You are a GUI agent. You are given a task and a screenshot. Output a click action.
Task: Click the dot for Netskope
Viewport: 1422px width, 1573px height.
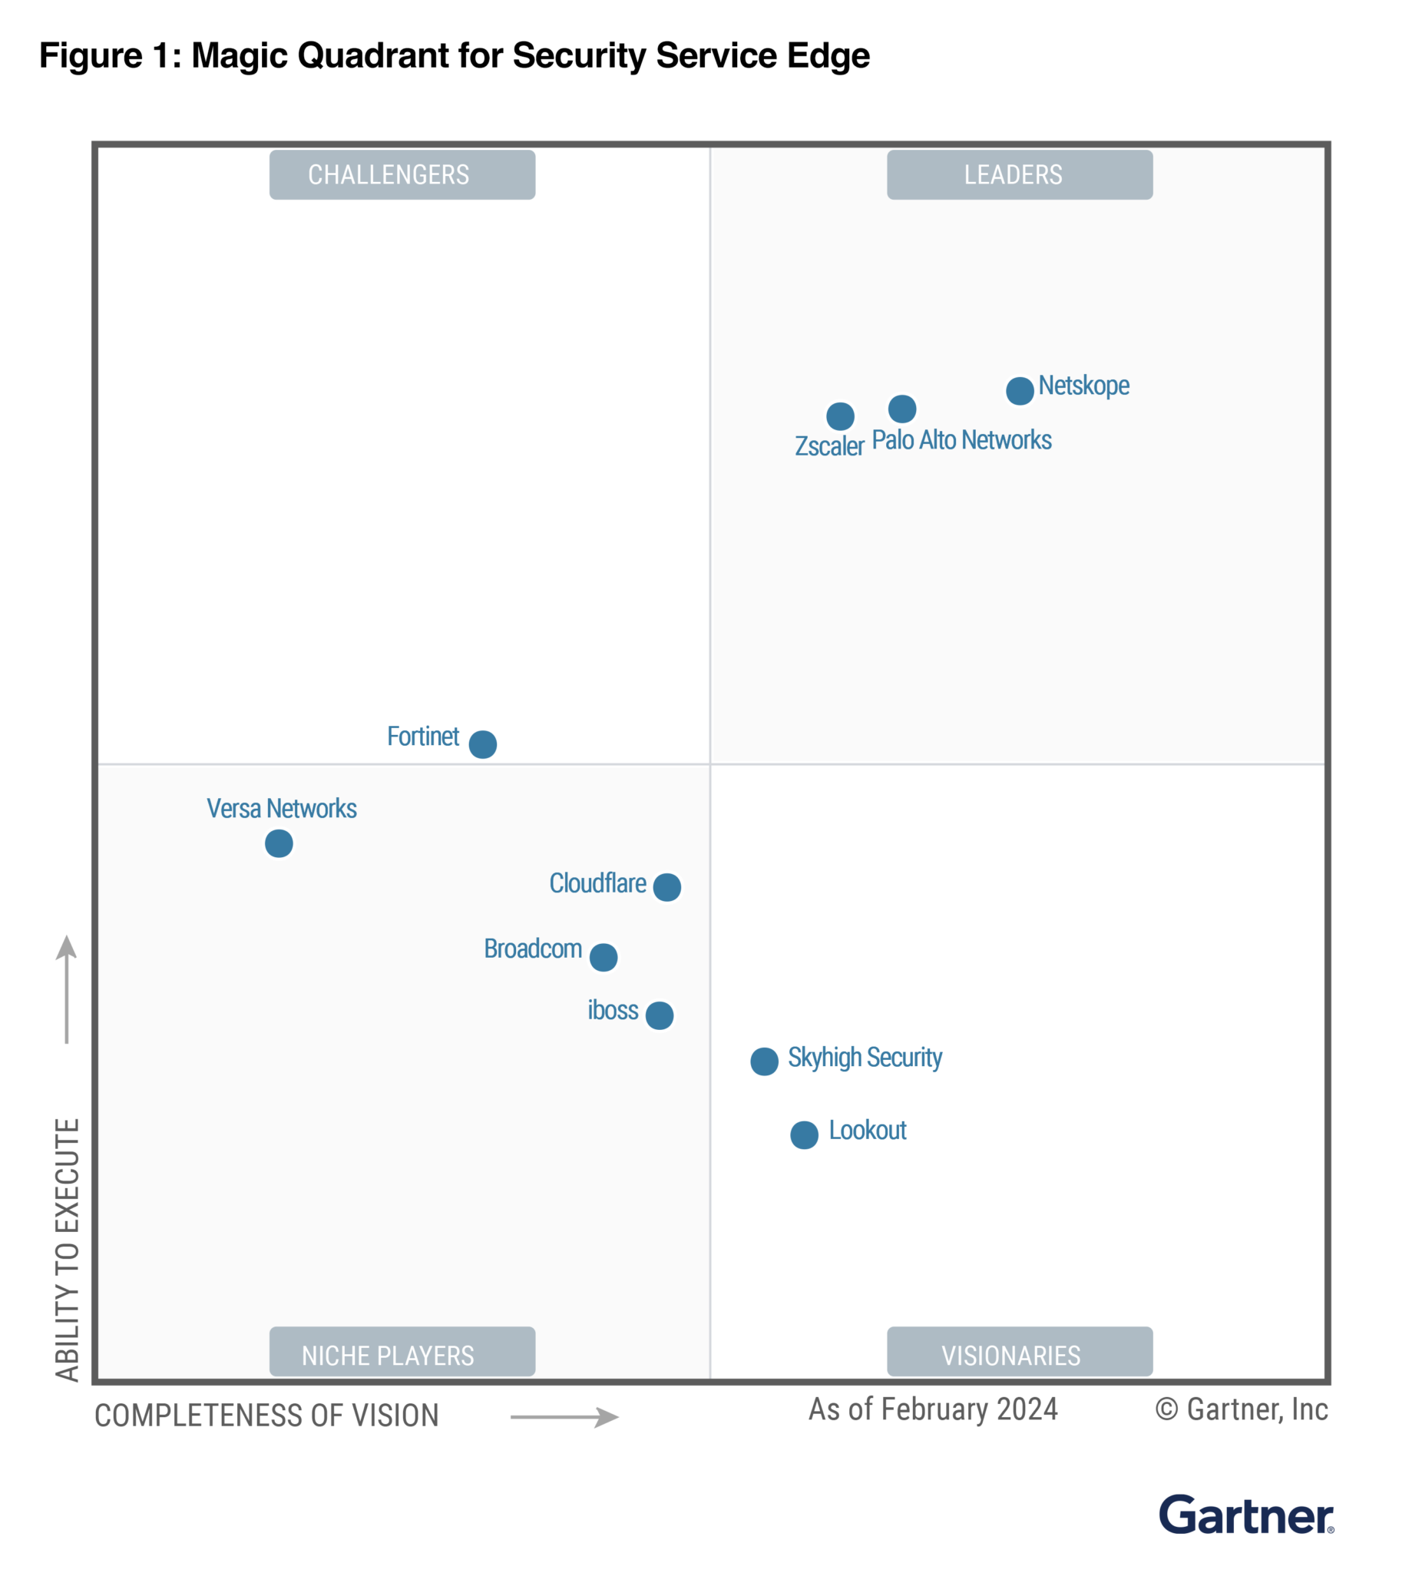tap(1020, 390)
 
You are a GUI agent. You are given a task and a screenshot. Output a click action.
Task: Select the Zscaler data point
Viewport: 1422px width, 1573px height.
tap(840, 416)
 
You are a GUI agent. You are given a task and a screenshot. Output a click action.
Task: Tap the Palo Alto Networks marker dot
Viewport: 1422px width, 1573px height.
tap(902, 408)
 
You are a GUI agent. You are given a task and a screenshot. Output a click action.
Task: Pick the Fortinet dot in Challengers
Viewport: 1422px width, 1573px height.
tap(483, 743)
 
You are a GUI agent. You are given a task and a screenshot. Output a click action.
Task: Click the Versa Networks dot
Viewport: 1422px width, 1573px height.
tap(279, 843)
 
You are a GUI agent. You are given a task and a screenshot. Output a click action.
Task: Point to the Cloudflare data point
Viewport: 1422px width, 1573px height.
tap(667, 887)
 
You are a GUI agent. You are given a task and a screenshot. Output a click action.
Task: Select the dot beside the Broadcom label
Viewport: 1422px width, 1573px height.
tap(603, 956)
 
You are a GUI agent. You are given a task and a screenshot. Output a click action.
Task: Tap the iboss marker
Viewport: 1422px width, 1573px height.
tap(659, 1015)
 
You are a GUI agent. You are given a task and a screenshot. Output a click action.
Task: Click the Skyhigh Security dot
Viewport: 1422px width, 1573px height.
tap(765, 1061)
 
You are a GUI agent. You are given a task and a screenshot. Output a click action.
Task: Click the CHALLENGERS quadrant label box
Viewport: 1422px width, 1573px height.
tap(402, 175)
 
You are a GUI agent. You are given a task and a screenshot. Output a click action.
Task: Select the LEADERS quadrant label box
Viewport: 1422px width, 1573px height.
tap(1020, 175)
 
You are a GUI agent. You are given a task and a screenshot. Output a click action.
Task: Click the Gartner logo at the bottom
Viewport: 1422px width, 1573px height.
tap(1245, 1516)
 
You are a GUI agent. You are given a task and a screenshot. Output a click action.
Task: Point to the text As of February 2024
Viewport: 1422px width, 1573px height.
tap(933, 1409)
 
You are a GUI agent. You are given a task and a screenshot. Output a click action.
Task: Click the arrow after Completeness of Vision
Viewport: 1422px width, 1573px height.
tap(565, 1417)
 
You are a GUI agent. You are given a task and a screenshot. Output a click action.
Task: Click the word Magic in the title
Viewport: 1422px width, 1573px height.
tap(242, 55)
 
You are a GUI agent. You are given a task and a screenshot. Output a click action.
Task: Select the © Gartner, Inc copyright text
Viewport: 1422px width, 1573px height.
tap(1241, 1409)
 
